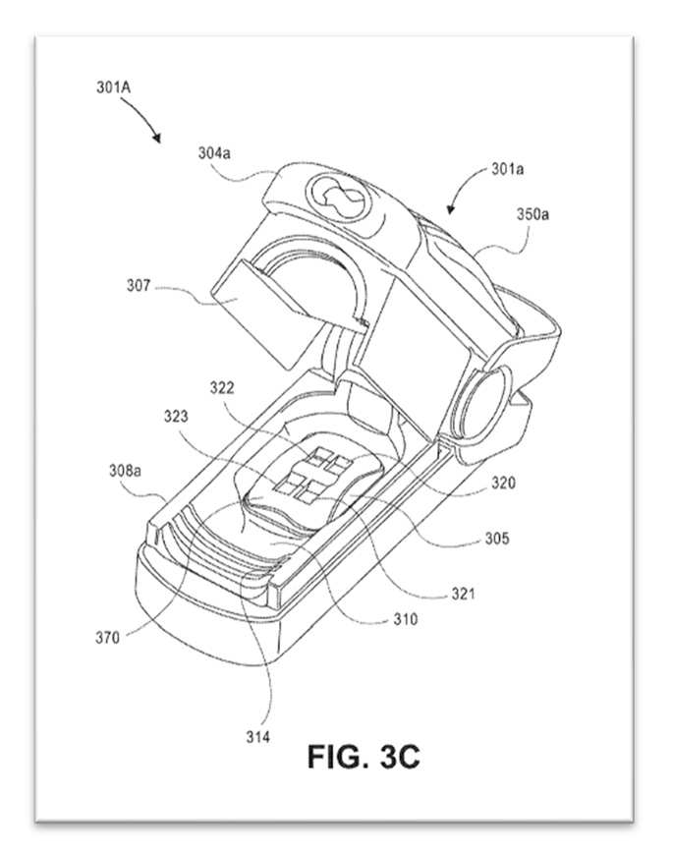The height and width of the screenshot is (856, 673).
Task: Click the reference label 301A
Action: pos(114,87)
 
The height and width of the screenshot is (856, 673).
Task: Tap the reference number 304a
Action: pos(214,153)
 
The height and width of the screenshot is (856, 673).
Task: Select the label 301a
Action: pos(507,169)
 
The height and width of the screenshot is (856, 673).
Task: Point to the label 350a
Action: pos(533,214)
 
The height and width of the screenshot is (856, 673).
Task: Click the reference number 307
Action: pos(139,285)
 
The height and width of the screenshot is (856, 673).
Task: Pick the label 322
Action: pos(222,387)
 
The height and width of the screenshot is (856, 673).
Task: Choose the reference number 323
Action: pos(176,417)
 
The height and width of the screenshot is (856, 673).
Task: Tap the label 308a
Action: pos(125,470)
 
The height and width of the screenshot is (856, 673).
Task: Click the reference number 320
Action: pos(503,484)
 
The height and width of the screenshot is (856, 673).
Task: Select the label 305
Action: pos(497,539)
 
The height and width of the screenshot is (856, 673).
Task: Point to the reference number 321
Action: pos(463,594)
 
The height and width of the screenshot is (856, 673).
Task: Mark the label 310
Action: pos(406,619)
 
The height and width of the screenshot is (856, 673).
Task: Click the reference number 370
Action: pos(107,638)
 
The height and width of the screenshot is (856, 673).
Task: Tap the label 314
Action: pos(257,737)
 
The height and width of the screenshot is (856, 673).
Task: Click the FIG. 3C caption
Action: pos(364,757)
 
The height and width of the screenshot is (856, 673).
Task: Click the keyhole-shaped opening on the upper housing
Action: pos(339,200)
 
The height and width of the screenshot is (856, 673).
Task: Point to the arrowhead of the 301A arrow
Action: pos(158,139)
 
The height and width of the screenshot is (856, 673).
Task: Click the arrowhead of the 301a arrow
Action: pos(449,210)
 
